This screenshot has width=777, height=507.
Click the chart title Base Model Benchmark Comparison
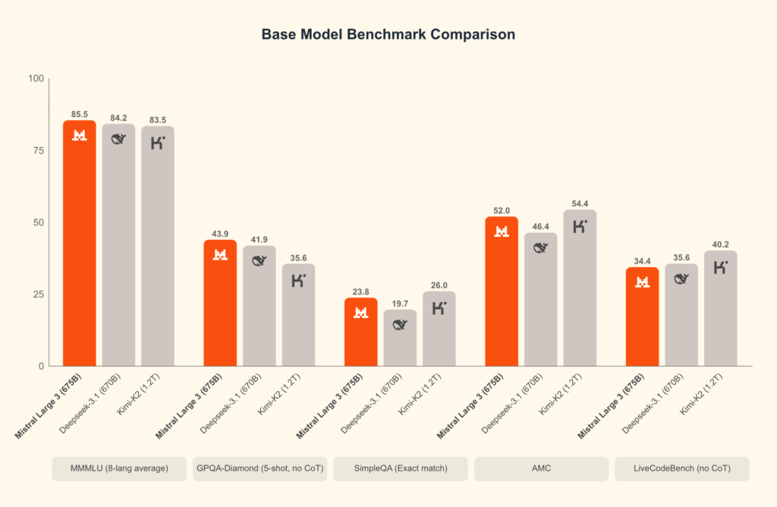[x=388, y=35]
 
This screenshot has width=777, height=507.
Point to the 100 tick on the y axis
[x=34, y=78]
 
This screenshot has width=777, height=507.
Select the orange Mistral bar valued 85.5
[x=79, y=243]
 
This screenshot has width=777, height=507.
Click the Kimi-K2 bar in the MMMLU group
[x=158, y=247]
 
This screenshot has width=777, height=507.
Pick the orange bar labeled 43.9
[x=220, y=304]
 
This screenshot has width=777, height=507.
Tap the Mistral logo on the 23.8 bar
[x=361, y=312]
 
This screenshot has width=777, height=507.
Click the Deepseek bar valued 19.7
[x=400, y=339]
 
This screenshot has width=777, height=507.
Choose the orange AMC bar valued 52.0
[x=502, y=292]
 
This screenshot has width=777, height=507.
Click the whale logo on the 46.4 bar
[x=541, y=247]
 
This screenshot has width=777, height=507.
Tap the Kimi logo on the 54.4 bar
[x=580, y=225]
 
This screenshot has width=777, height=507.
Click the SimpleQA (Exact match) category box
[x=400, y=469]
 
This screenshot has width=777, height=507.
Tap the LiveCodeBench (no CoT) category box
[x=681, y=469]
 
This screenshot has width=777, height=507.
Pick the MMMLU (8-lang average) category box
[x=119, y=469]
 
